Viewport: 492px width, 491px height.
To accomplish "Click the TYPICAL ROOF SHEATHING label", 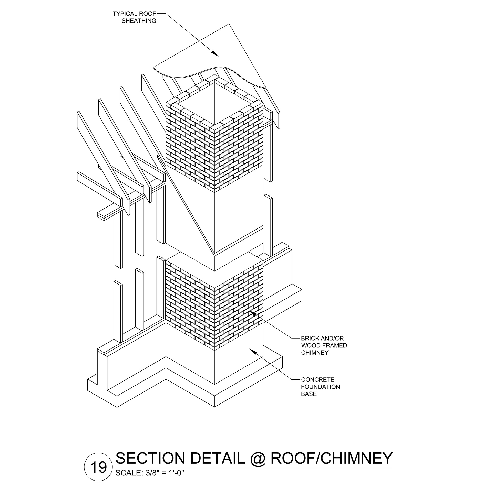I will pos(135,17).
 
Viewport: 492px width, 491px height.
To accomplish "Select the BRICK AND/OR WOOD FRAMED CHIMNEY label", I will pos(324,345).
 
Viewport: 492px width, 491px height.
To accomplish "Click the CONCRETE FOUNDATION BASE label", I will pos(320,387).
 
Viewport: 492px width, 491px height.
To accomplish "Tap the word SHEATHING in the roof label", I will pos(139,21).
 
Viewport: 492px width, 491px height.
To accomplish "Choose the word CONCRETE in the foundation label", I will pos(318,380).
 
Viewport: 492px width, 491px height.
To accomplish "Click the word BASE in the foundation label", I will pos(309,394).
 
